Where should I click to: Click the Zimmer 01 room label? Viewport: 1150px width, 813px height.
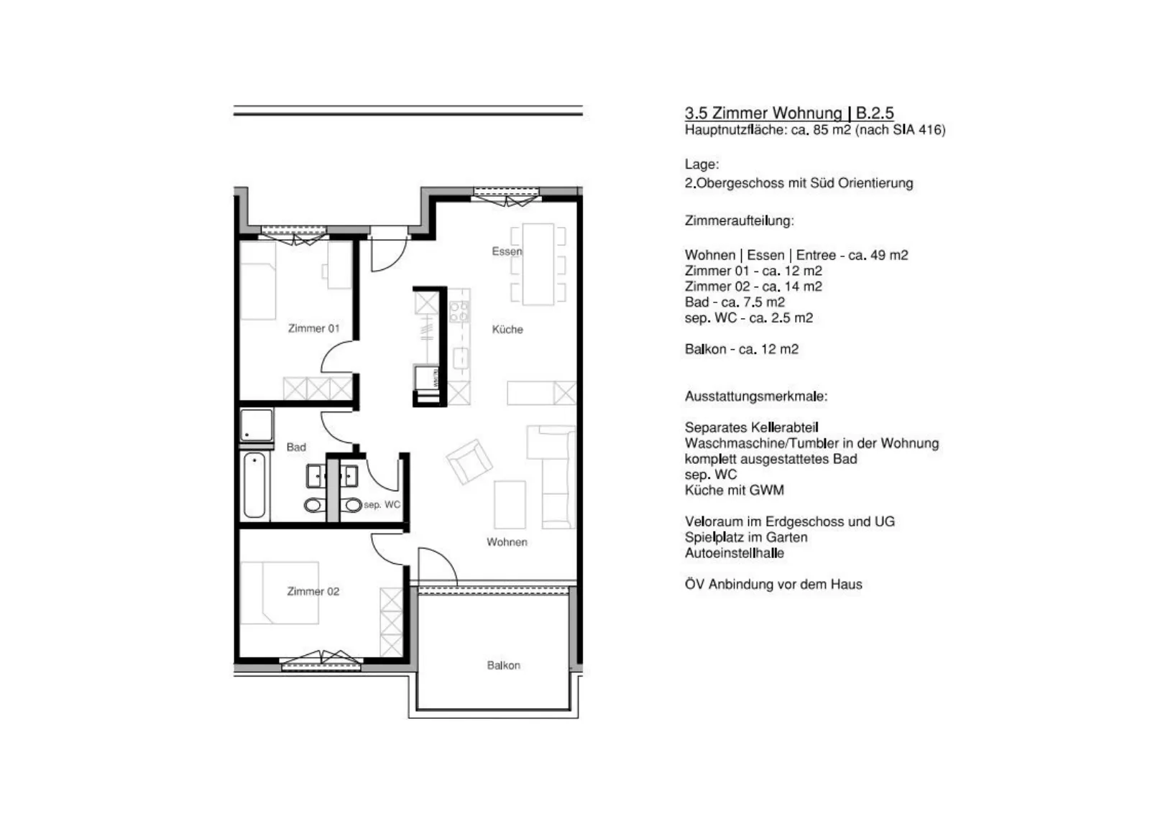(x=313, y=328)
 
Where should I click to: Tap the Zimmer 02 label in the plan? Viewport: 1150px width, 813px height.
(x=313, y=591)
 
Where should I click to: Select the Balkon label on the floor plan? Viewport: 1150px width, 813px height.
(x=504, y=665)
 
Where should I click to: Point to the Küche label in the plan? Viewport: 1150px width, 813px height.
(x=507, y=330)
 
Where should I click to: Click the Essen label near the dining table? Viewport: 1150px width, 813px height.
(x=507, y=251)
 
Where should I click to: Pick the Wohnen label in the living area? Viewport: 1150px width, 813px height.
(x=507, y=542)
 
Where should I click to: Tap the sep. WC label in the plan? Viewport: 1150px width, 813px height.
(x=382, y=505)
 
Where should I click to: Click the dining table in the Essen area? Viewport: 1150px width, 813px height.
(x=538, y=264)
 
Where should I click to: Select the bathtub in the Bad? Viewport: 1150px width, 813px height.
(x=254, y=486)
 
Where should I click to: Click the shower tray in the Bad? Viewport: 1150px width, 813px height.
(x=256, y=424)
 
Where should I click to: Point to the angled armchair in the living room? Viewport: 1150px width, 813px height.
(x=469, y=462)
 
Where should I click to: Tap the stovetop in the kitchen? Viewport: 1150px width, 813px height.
(x=459, y=312)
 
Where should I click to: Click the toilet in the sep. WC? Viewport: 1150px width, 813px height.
(x=353, y=505)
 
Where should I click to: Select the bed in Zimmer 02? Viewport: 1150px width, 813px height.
(x=280, y=593)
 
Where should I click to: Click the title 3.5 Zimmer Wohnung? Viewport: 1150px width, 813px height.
(x=763, y=113)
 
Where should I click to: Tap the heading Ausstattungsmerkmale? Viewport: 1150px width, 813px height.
(x=756, y=396)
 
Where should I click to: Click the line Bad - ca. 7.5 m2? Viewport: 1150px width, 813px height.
(x=735, y=302)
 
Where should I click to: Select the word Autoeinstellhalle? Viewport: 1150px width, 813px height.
(x=735, y=554)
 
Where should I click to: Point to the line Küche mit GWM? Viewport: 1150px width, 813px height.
(x=735, y=491)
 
